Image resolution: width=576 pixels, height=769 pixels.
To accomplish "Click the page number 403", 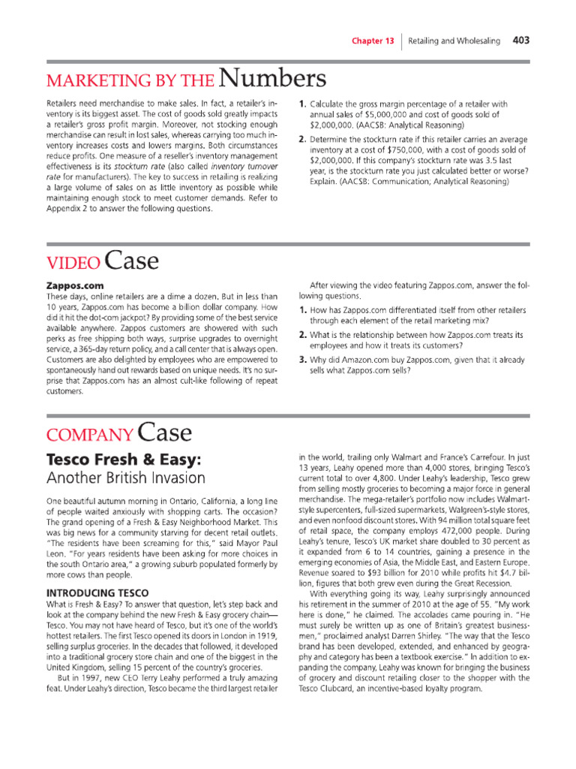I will click(x=521, y=41).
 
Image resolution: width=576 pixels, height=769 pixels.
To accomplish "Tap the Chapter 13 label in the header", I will click(x=373, y=41).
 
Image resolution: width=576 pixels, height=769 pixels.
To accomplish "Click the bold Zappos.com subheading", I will click(x=74, y=285).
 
